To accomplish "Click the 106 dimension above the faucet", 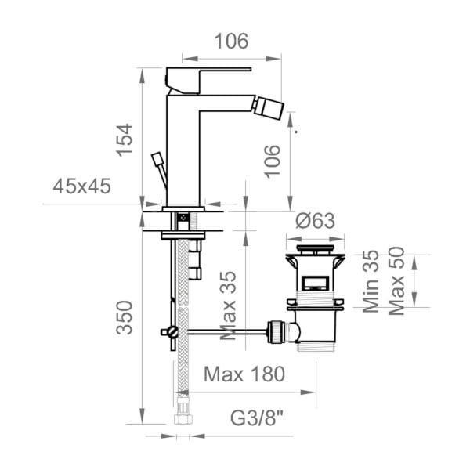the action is (231, 41).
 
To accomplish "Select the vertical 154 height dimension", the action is (125, 140).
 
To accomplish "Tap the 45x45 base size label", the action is (81, 186).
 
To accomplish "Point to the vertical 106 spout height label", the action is (273, 161).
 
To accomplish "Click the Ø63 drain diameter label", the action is (315, 221).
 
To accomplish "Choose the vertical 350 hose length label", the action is (125, 317).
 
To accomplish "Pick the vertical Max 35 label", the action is (228, 305).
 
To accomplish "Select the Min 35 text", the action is (371, 281).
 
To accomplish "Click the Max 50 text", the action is (396, 281).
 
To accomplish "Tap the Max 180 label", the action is (244, 374).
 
